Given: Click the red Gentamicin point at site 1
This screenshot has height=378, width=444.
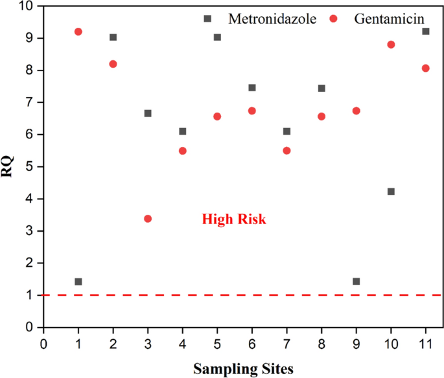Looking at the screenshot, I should pyautogui.click(x=78, y=32).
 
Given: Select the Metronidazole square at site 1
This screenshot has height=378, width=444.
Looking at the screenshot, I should pyautogui.click(x=78, y=282).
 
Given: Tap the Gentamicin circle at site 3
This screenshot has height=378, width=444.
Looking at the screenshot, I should pyautogui.click(x=148, y=219).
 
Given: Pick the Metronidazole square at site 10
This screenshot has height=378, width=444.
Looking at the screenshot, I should pyautogui.click(x=391, y=192).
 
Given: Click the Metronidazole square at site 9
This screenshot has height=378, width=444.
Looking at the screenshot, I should pyautogui.click(x=356, y=282).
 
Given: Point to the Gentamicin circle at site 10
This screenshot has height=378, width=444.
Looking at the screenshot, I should pyautogui.click(x=391, y=45).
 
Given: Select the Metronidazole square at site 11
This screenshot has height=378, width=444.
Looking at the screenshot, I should pyautogui.click(x=426, y=31).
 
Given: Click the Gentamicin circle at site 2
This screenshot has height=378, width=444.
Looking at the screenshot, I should pyautogui.click(x=113, y=64).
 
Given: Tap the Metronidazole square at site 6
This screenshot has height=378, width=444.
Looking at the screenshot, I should pyautogui.click(x=252, y=87).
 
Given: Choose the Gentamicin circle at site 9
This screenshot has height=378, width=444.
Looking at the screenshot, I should pyautogui.click(x=356, y=111).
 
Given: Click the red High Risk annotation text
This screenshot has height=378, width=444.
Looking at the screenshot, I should pyautogui.click(x=234, y=219).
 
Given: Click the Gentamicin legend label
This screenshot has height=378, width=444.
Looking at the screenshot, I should pyautogui.click(x=388, y=19).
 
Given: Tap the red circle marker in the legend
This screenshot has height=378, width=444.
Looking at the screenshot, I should pyautogui.click(x=334, y=19).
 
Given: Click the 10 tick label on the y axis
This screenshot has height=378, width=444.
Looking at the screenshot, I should pyautogui.click(x=27, y=6).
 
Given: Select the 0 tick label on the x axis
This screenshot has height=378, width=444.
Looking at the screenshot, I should pyautogui.click(x=43, y=341).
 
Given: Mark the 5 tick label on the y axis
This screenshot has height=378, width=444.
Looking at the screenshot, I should pyautogui.click(x=30, y=166).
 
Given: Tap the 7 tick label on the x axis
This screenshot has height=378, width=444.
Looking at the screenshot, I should pyautogui.click(x=286, y=341).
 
